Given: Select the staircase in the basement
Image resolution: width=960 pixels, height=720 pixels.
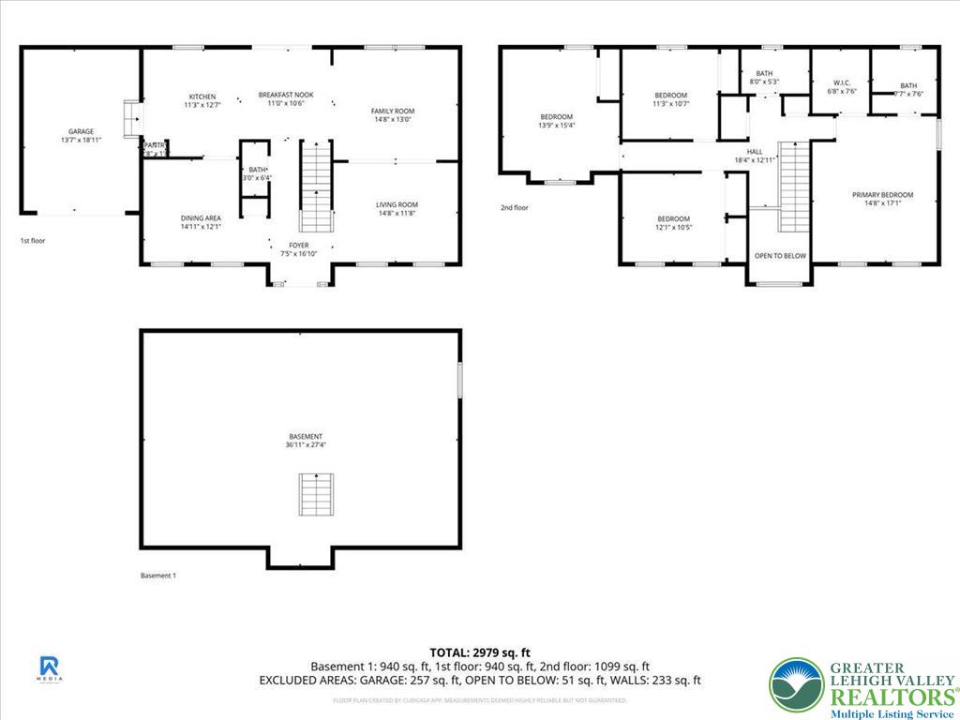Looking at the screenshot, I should pos(315,494).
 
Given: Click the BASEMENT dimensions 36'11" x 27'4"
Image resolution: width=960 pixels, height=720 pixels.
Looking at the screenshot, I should pos(306,445).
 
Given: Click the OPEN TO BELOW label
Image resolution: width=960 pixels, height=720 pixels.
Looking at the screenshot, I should pos(780,256).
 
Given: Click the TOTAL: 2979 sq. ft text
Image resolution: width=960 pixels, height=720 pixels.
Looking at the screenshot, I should pos(480,652).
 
